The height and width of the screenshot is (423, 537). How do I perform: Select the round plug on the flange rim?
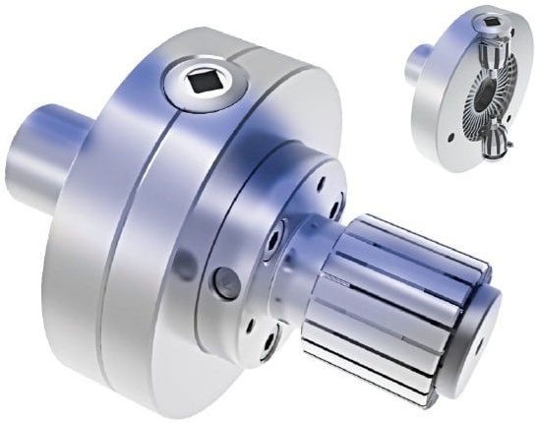pyautogui.click(x=225, y=283)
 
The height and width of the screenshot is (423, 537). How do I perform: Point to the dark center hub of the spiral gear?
pyautogui.click(x=489, y=99)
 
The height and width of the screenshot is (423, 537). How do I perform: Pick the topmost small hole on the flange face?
pyautogui.click(x=322, y=182)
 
